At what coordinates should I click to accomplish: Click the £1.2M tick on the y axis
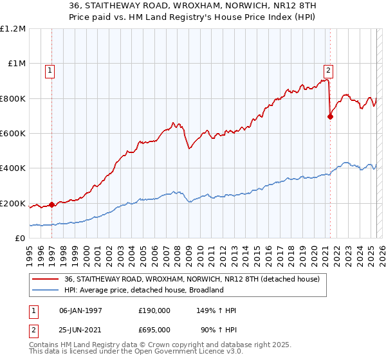(x=13, y=29)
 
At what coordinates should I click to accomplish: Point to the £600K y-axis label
(x=13, y=134)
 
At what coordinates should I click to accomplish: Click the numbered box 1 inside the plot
(x=50, y=71)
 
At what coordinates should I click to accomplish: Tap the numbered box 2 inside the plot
(x=328, y=71)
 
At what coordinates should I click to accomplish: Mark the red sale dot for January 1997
(x=52, y=205)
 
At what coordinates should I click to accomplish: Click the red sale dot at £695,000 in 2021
(x=330, y=117)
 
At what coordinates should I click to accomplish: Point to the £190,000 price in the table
(x=154, y=311)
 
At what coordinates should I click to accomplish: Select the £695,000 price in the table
(x=154, y=329)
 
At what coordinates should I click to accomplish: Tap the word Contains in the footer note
(x=45, y=346)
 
